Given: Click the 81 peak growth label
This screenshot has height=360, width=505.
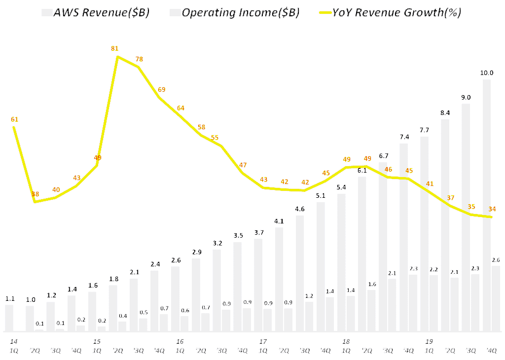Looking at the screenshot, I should click(115, 48).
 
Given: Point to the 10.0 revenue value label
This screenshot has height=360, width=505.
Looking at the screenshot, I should click(486, 73).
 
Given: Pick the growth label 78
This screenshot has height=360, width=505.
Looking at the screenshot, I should click(139, 59).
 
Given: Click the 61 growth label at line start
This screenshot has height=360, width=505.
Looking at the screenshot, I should click(14, 119).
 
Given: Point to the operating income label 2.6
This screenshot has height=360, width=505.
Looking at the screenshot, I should click(496, 260).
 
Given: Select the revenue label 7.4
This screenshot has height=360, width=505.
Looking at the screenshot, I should click(403, 137).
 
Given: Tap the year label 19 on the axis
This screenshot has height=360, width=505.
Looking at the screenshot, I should click(429, 341).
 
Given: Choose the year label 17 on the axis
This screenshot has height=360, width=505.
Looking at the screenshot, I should click(263, 341).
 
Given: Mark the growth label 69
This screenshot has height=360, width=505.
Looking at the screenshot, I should click(162, 90).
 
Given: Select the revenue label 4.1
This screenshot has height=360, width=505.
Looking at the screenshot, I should click(279, 221).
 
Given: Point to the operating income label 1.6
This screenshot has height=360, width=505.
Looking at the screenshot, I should click(371, 284).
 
